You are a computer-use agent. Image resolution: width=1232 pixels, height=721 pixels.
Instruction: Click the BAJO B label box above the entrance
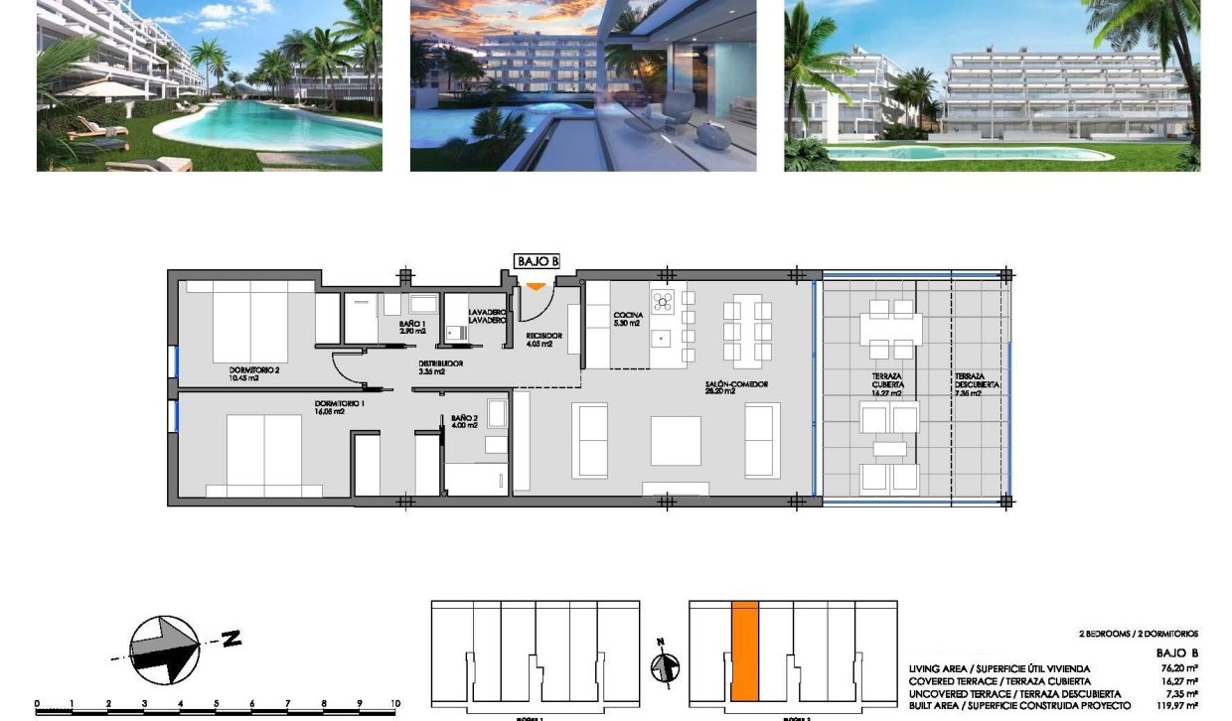coord(537,261)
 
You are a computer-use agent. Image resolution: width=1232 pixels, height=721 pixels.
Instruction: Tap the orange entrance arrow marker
coord(536,287)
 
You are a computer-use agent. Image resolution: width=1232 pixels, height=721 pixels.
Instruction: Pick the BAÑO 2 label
coord(464,421)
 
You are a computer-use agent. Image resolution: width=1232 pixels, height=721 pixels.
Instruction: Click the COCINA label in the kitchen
coord(628,319)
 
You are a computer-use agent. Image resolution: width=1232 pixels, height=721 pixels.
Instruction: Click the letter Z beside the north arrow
coord(231,640)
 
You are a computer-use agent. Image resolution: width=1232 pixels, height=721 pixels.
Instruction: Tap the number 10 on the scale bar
coord(394,702)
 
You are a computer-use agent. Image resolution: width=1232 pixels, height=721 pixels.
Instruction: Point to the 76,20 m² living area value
coord(1175,669)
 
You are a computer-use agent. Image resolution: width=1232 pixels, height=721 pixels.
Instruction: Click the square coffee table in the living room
coord(676,440)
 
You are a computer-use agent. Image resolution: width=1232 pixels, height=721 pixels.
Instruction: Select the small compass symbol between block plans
coord(664,666)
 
